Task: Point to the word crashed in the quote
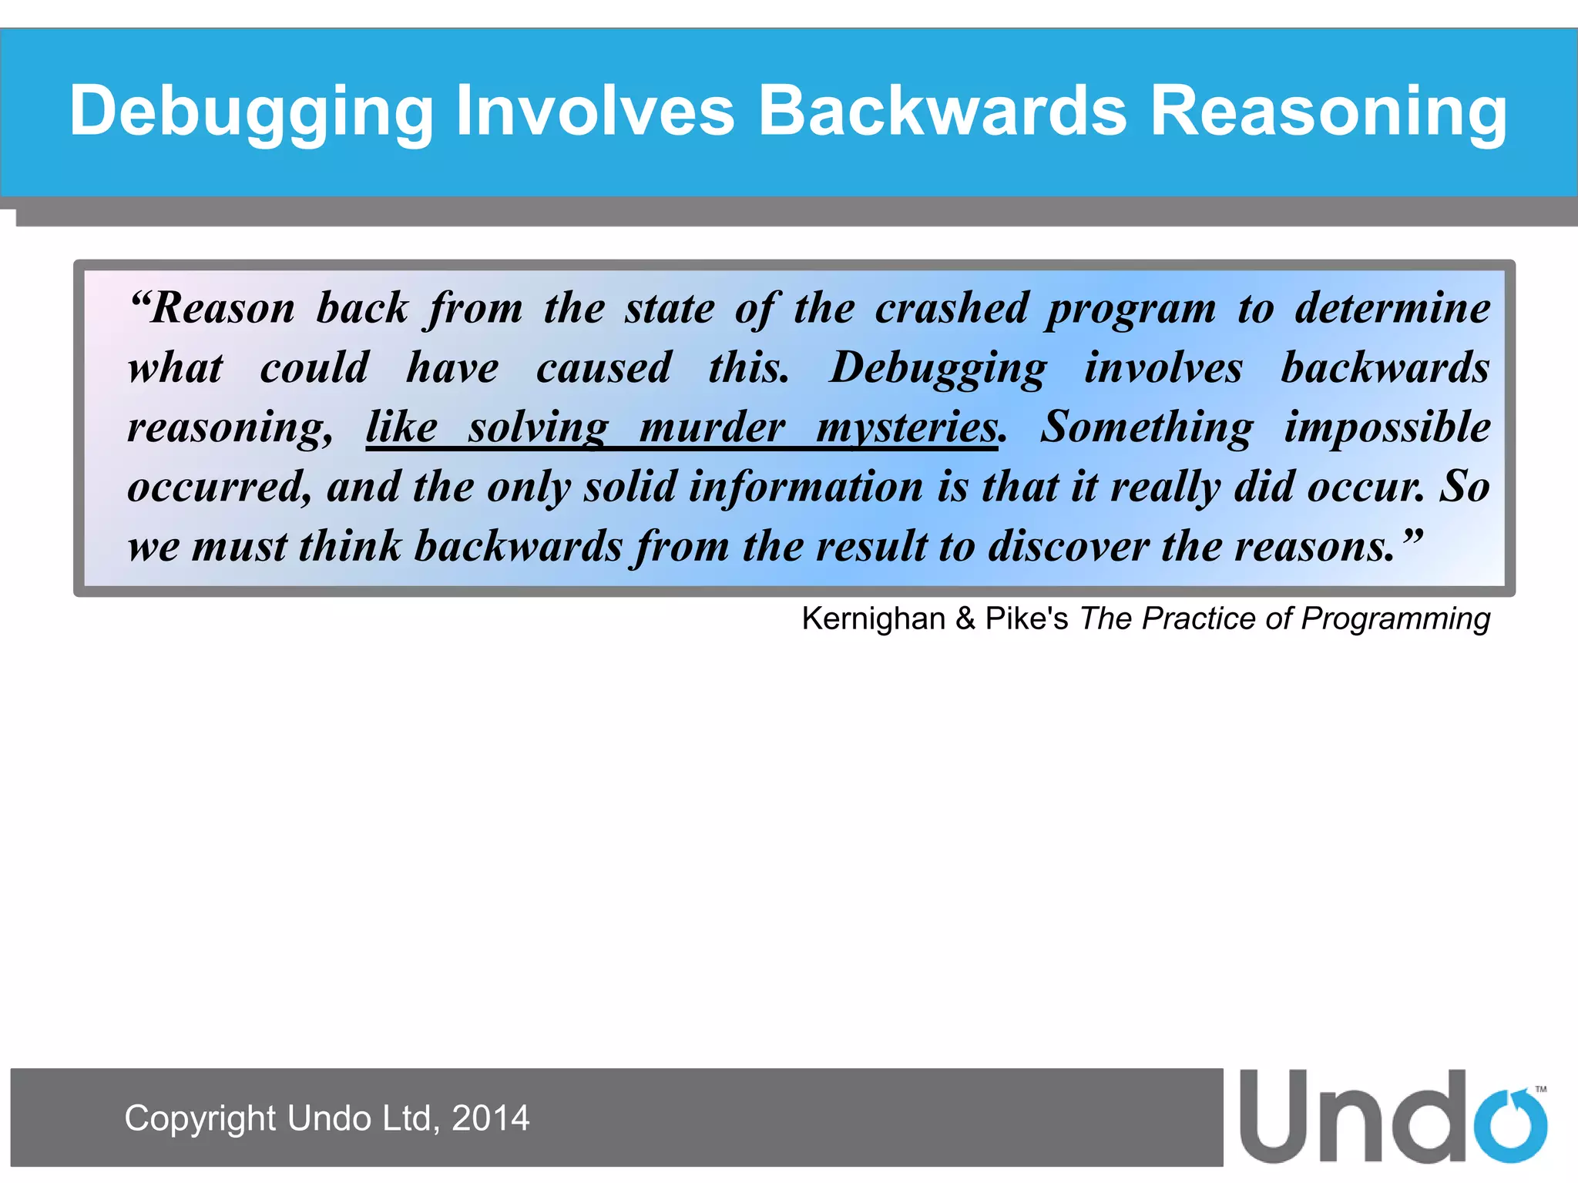(x=952, y=309)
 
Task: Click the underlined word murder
(x=712, y=427)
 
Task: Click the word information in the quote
(x=806, y=487)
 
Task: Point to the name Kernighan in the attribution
(x=873, y=618)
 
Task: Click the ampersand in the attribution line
(x=965, y=618)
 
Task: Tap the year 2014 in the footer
(x=491, y=1118)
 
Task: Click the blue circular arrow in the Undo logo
(x=1510, y=1125)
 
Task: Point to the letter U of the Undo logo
(x=1276, y=1117)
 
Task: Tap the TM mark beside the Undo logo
(x=1540, y=1089)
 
